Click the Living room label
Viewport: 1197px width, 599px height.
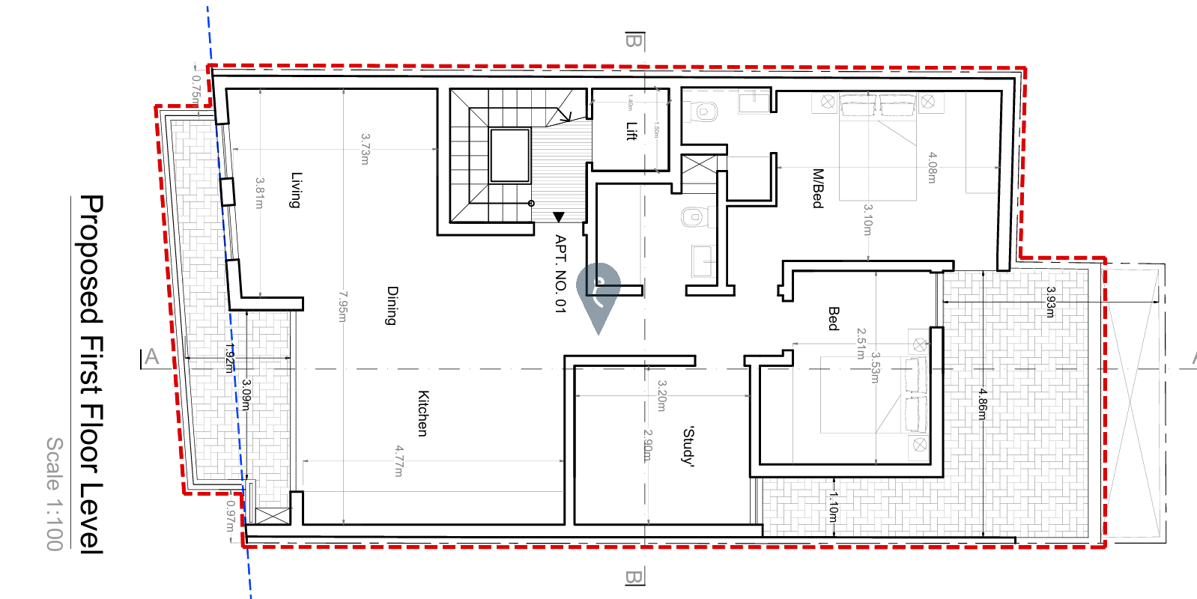(297, 190)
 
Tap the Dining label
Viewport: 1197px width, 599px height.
(392, 305)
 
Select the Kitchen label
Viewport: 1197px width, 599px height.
(422, 413)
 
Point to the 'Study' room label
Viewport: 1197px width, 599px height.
(688, 446)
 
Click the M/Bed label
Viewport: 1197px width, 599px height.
(817, 188)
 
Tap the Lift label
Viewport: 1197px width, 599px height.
(631, 131)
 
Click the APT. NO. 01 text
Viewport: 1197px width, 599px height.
(560, 273)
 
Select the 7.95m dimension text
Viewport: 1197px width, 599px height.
(342, 307)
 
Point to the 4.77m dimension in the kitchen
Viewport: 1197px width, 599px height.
(399, 460)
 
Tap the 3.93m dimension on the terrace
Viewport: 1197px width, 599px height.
(1050, 302)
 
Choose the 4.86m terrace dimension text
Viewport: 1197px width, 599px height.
(982, 404)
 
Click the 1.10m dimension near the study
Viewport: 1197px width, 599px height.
(833, 507)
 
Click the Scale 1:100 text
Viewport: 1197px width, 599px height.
(55, 494)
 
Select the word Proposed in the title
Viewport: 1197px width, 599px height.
(91, 259)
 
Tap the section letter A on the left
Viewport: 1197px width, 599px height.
(152, 357)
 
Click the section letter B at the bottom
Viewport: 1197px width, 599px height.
(634, 577)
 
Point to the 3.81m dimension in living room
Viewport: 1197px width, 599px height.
(260, 193)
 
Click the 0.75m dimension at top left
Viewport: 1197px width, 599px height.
(196, 89)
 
